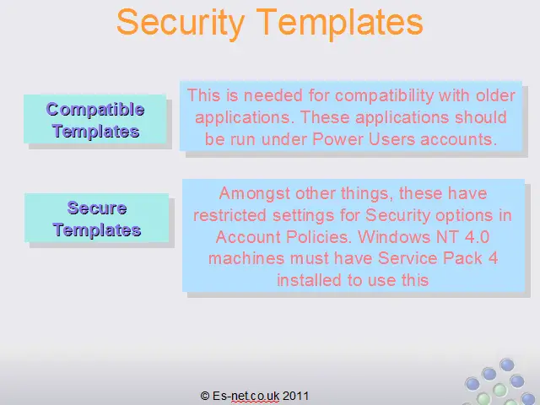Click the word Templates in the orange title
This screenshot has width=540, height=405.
coord(340,23)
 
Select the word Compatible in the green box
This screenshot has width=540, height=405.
coord(95,110)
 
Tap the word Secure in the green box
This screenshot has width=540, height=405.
coord(97,208)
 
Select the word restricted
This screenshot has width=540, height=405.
coord(229,216)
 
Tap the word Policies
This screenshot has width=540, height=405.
coord(319,237)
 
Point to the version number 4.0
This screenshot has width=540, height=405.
coord(477,237)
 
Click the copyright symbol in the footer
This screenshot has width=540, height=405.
coord(204,396)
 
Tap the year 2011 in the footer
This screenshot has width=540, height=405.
coord(295,396)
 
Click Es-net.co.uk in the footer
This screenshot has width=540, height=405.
coord(246,396)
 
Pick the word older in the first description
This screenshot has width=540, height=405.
coord(495,95)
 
